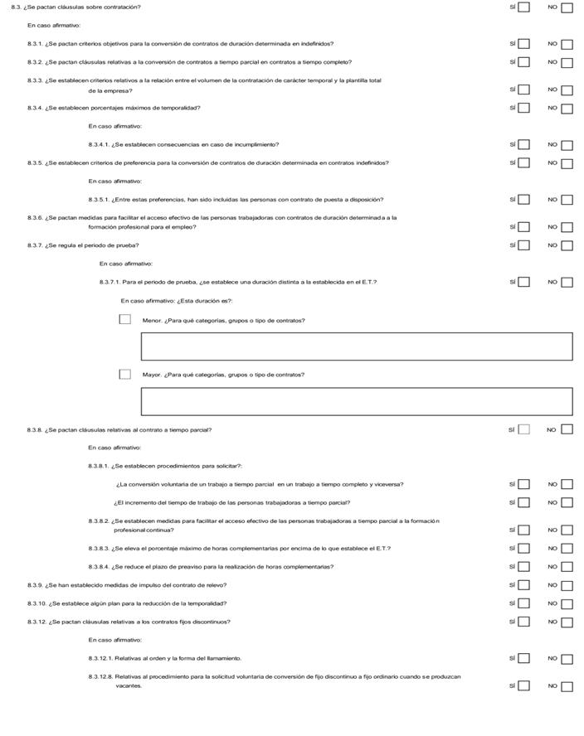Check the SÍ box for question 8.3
[523, 8]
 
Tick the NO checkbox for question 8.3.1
[567, 45]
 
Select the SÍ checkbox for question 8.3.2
[523, 63]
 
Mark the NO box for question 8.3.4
[567, 109]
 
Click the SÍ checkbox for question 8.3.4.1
[523, 145]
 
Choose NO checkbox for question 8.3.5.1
[567, 200]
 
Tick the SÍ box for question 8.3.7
[523, 245]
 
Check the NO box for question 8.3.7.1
[567, 282]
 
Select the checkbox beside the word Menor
[124, 319]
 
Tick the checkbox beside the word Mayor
[124, 374]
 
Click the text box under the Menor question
[357, 346]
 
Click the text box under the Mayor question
[357, 401]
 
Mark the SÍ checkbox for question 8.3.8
[523, 429]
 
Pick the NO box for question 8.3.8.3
[567, 549]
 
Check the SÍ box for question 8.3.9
[523, 585]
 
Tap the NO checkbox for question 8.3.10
[567, 603]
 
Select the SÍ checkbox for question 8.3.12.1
[523, 658]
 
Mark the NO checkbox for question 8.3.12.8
[567, 686]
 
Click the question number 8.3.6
[36, 218]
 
